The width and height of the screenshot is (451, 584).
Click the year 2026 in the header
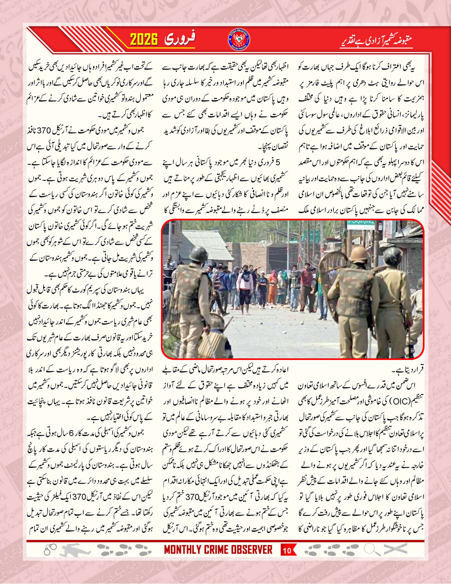(x=148, y=39)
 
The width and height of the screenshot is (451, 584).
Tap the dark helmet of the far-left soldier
(x=198, y=254)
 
